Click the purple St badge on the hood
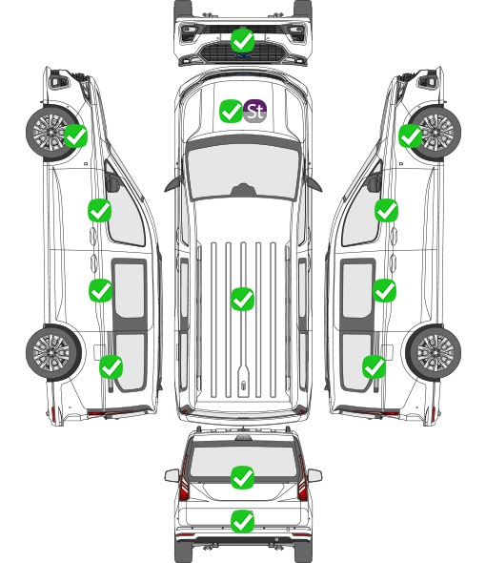254,111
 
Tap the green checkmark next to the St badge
231,111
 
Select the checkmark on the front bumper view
243,41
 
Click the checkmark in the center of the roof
242,299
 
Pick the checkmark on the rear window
243,477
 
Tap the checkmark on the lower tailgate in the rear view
243,521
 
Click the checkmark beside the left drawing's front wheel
75,136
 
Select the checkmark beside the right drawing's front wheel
411,136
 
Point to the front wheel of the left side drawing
51,133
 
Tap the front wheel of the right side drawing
435,133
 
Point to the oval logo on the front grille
243,55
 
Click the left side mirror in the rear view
172,475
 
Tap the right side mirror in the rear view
314,475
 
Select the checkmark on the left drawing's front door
100,210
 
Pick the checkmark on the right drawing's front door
386,210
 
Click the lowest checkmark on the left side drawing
111,366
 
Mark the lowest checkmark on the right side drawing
375,366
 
